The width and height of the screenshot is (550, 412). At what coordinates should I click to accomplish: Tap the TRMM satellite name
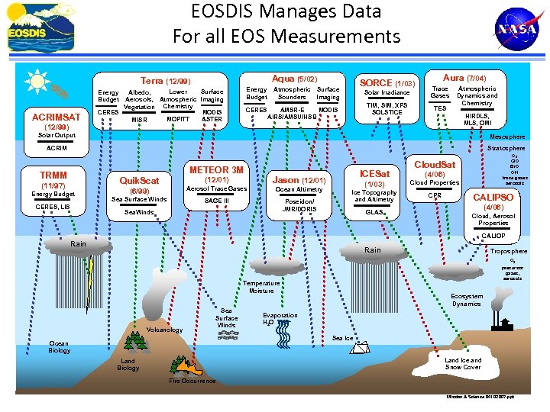[54, 175]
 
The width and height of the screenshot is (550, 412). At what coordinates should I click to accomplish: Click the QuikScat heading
[139, 181]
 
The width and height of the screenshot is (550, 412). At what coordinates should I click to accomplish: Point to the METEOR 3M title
[216, 169]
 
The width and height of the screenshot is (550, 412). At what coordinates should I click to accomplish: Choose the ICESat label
[374, 174]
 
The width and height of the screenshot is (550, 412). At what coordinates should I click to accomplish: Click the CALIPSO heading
[493, 197]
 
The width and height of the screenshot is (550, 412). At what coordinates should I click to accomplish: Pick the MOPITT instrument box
[177, 119]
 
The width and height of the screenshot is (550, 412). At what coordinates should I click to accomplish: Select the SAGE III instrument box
[216, 200]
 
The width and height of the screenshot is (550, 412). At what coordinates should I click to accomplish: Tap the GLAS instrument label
[374, 212]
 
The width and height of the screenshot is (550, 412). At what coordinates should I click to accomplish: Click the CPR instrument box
[434, 195]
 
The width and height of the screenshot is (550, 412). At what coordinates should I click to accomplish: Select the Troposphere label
[507, 251]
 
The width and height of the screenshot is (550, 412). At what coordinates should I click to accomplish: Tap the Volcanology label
[164, 330]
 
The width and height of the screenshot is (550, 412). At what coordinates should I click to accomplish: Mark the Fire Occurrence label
[192, 381]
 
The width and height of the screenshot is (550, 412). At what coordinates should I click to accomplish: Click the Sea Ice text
[343, 337]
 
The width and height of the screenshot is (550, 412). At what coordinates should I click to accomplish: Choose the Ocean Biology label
[60, 346]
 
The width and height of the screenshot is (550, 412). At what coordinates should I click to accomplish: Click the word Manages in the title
[286, 11]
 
